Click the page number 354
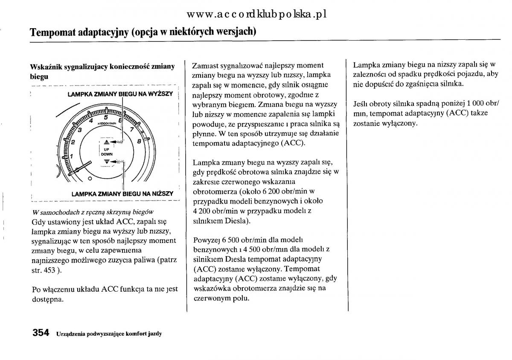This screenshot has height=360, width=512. point(41,333)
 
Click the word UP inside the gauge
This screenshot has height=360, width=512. point(106,149)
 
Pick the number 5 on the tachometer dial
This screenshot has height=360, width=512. point(105,117)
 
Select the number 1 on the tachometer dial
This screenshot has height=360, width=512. point(71,156)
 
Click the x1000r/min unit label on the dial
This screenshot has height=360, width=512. point(107,123)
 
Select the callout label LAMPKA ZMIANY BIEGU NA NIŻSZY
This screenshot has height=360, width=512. point(122,193)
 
